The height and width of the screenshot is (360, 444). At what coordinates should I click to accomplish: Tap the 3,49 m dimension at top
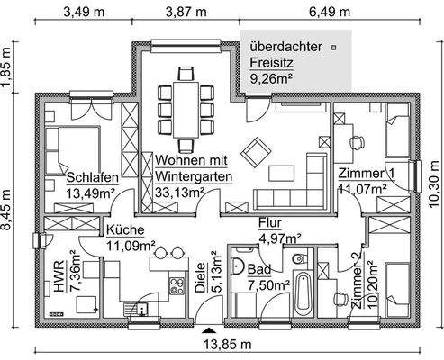click(81, 12)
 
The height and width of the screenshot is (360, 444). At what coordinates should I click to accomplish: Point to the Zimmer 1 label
click(366, 173)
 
